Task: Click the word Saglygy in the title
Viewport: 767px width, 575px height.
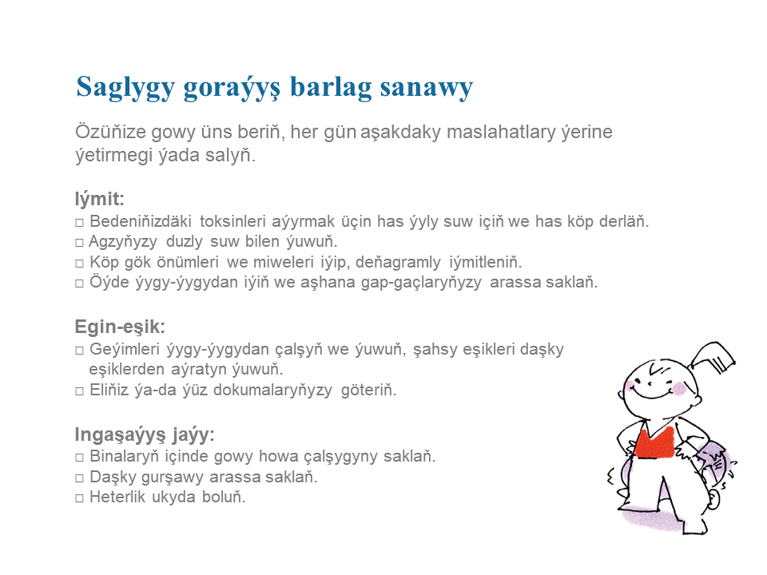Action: click(125, 88)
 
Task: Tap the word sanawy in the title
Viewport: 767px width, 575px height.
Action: click(426, 88)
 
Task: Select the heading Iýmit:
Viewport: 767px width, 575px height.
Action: click(99, 199)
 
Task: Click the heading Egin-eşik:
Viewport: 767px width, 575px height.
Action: click(120, 327)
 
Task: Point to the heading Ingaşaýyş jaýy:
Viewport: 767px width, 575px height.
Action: click(145, 434)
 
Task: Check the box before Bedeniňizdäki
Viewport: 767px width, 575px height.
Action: click(79, 223)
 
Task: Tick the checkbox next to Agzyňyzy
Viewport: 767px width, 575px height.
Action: click(79, 243)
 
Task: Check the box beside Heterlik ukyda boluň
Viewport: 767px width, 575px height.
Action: click(79, 498)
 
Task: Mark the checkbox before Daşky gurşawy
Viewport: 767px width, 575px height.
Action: click(79, 478)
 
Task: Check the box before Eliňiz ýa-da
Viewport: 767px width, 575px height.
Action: click(79, 391)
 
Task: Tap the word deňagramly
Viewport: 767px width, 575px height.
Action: click(398, 263)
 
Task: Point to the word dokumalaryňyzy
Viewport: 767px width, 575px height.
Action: click(272, 391)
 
